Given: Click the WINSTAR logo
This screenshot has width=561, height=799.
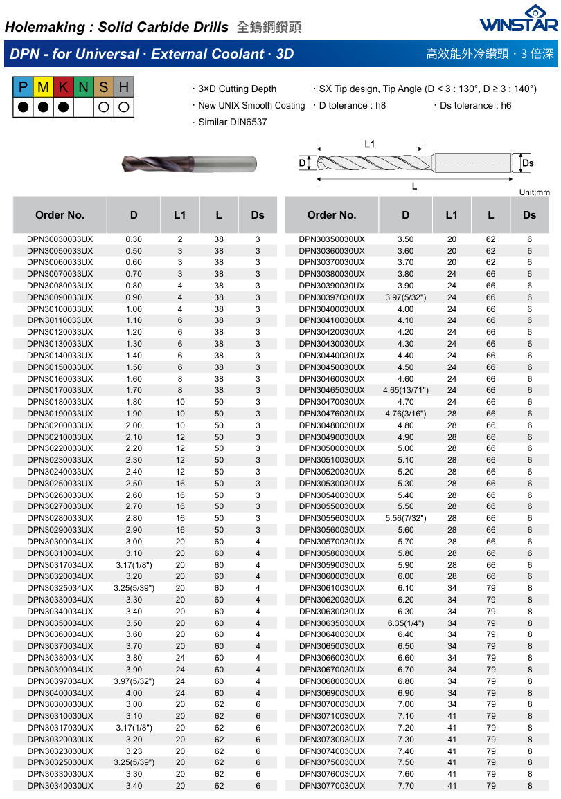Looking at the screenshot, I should tap(519, 19).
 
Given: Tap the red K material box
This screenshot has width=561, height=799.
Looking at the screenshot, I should tap(64, 87).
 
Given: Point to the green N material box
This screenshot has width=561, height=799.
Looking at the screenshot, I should tap(84, 87).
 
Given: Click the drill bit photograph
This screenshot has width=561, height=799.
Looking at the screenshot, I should tap(188, 164).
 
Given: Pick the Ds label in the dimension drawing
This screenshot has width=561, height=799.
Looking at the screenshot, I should tap(528, 163).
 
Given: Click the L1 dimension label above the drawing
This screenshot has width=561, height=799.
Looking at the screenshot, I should tap(369, 144).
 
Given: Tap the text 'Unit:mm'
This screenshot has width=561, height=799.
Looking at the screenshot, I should tap(534, 192).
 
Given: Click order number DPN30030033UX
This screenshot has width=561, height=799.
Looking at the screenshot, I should tap(60, 239).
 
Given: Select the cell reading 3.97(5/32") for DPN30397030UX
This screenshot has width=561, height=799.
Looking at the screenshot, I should tap(405, 297).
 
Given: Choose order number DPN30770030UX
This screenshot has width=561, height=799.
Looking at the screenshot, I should tap(332, 786).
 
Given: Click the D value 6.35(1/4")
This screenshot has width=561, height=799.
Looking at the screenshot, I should tap(405, 623).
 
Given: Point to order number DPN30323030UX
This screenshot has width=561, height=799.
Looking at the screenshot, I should tap(60, 751).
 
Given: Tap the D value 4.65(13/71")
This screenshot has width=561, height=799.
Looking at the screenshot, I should tap(405, 390).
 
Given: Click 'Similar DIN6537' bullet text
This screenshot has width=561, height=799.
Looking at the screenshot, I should tap(232, 122).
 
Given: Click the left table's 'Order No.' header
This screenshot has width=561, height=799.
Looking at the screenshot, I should tap(60, 215).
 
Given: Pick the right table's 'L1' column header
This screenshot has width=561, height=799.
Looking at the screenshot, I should tap(452, 215).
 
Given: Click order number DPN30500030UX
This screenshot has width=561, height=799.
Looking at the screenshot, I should tap(332, 448).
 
